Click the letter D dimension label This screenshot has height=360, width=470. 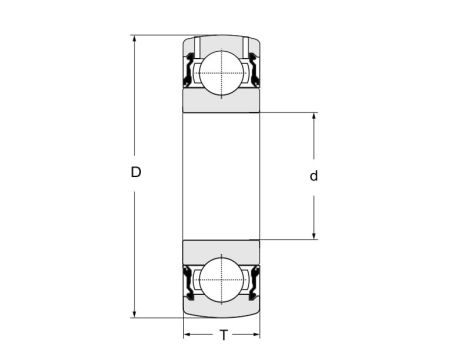(x=136, y=172)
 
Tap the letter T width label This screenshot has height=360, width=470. (x=223, y=335)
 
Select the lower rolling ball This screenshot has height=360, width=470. (x=221, y=280)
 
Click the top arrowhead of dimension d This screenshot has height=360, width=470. (x=315, y=118)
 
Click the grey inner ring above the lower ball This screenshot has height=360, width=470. (x=221, y=248)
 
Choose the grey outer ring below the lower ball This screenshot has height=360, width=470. (x=221, y=311)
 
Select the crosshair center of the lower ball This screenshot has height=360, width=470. (x=221, y=280)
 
